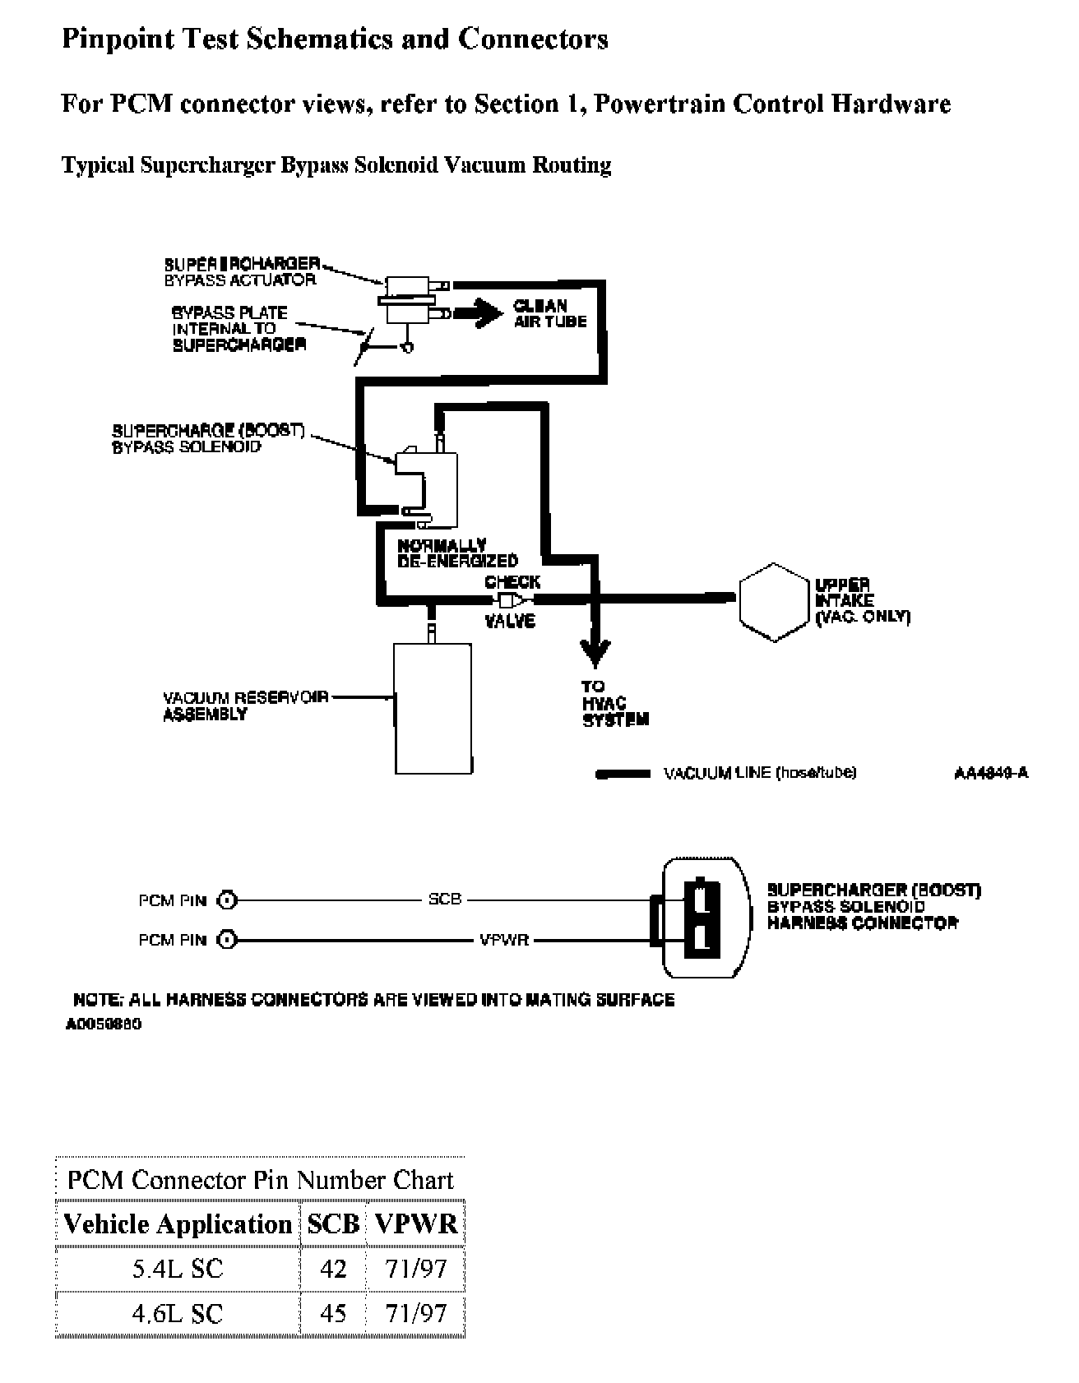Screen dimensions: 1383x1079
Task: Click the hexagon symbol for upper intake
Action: tap(772, 602)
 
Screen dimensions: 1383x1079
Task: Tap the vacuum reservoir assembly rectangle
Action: tap(433, 708)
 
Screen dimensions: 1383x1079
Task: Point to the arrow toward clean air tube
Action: tap(480, 312)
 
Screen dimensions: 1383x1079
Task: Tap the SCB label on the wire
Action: tap(445, 899)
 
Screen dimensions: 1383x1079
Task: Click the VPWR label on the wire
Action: tap(504, 939)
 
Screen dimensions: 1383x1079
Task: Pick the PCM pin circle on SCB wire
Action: tap(228, 900)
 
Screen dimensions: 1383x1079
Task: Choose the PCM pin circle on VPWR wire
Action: tap(228, 939)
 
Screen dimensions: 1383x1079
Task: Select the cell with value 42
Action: tap(333, 1269)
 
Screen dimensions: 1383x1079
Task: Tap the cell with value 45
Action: tap(333, 1313)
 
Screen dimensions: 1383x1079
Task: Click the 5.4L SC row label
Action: tap(178, 1269)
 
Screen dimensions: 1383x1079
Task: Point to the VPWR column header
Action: tap(415, 1224)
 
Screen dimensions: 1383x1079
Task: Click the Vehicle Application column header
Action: tap(178, 1224)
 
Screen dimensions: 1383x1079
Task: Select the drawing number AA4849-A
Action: tap(990, 773)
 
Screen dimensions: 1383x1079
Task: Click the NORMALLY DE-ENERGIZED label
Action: tap(457, 553)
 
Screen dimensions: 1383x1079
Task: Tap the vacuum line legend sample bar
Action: tap(623, 774)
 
